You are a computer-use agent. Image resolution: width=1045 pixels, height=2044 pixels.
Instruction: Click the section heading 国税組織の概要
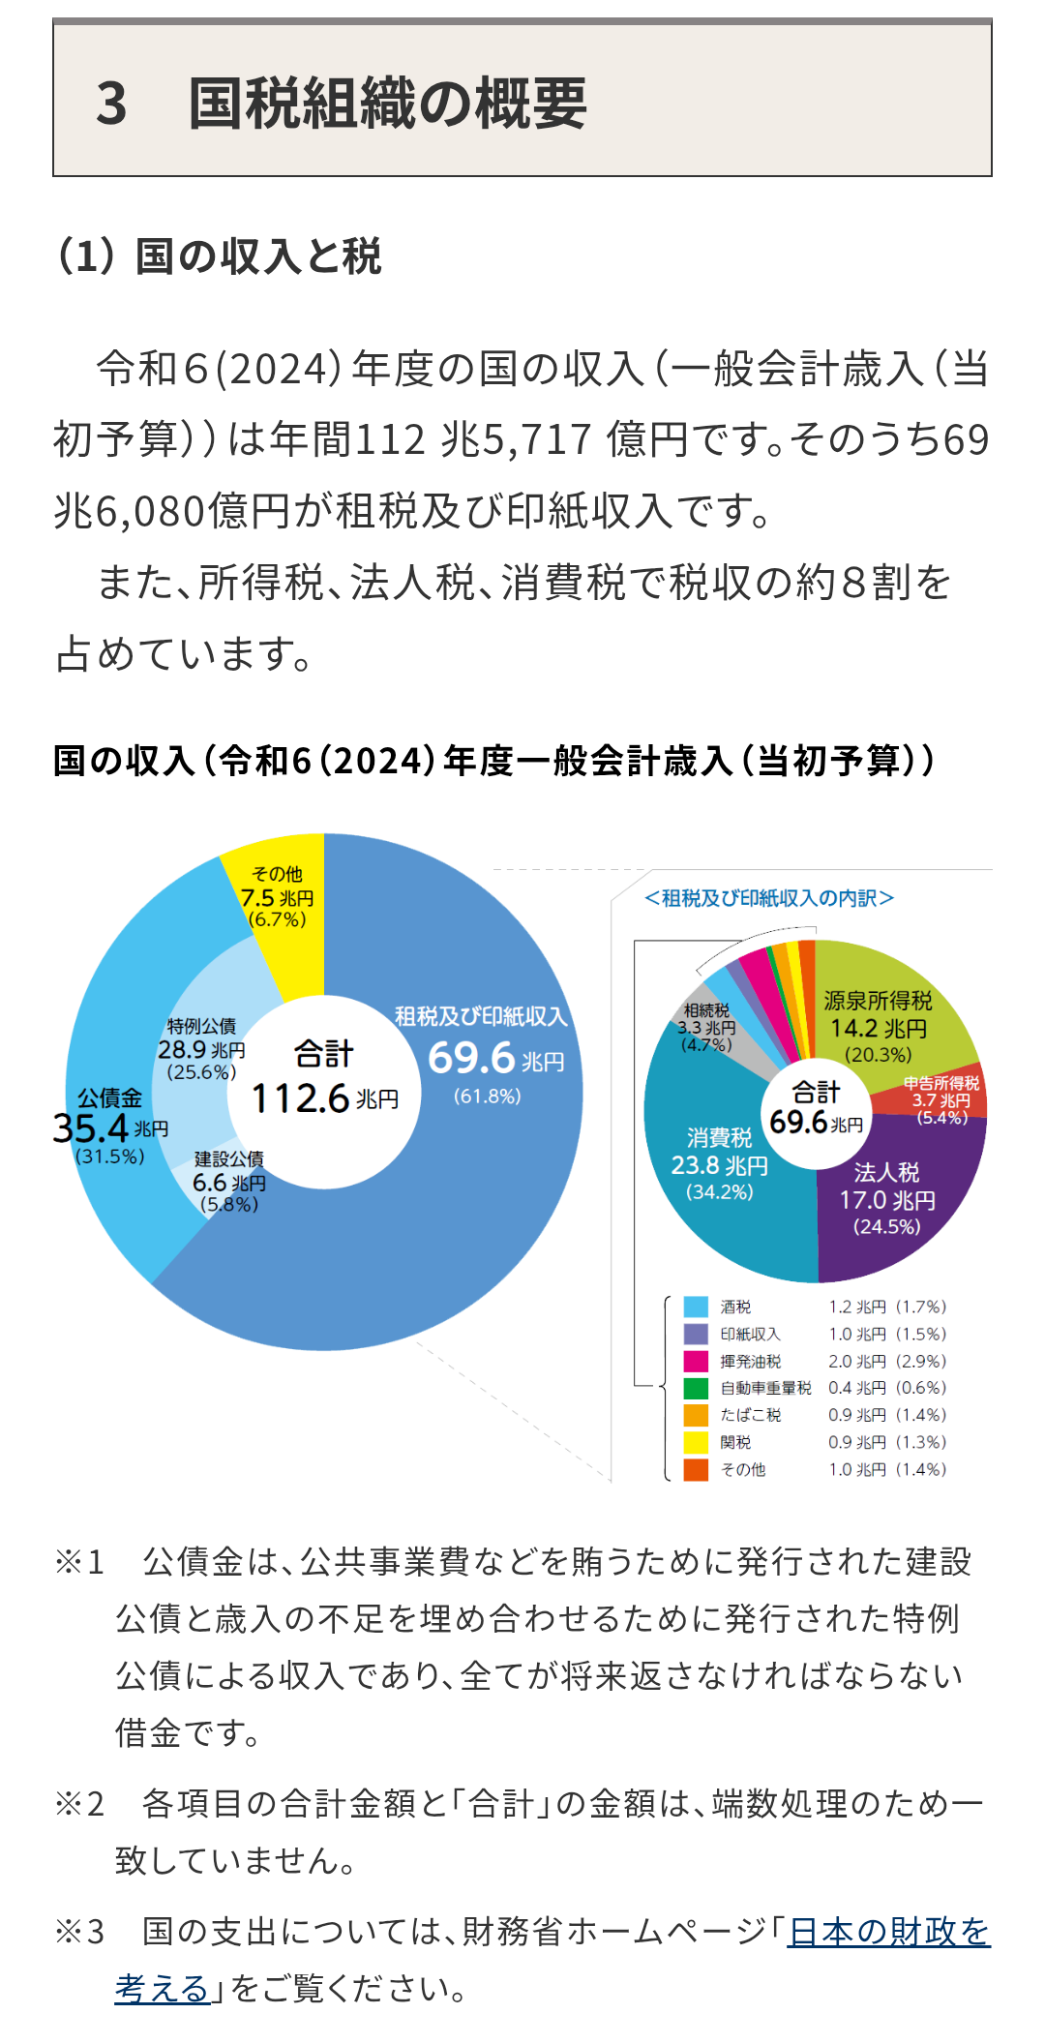coord(387,103)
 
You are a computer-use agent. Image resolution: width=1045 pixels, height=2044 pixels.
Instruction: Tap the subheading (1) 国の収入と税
coord(220,256)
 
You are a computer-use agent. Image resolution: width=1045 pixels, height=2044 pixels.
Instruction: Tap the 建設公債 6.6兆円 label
coord(229,1182)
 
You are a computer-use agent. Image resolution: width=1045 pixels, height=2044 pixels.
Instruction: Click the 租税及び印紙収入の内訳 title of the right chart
coord(769,898)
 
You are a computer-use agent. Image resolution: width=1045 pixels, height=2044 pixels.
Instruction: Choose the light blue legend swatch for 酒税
coord(696,1307)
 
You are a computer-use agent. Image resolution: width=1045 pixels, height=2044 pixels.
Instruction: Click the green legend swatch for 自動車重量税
coord(696,1388)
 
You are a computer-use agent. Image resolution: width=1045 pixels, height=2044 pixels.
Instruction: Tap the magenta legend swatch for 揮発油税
coord(696,1361)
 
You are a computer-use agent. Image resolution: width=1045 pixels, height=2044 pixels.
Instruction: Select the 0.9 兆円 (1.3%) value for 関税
coord(886,1442)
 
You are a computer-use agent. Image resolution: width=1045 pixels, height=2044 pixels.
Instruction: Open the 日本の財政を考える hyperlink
coord(888,1932)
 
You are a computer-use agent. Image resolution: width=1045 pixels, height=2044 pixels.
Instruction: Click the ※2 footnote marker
coord(79,1804)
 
